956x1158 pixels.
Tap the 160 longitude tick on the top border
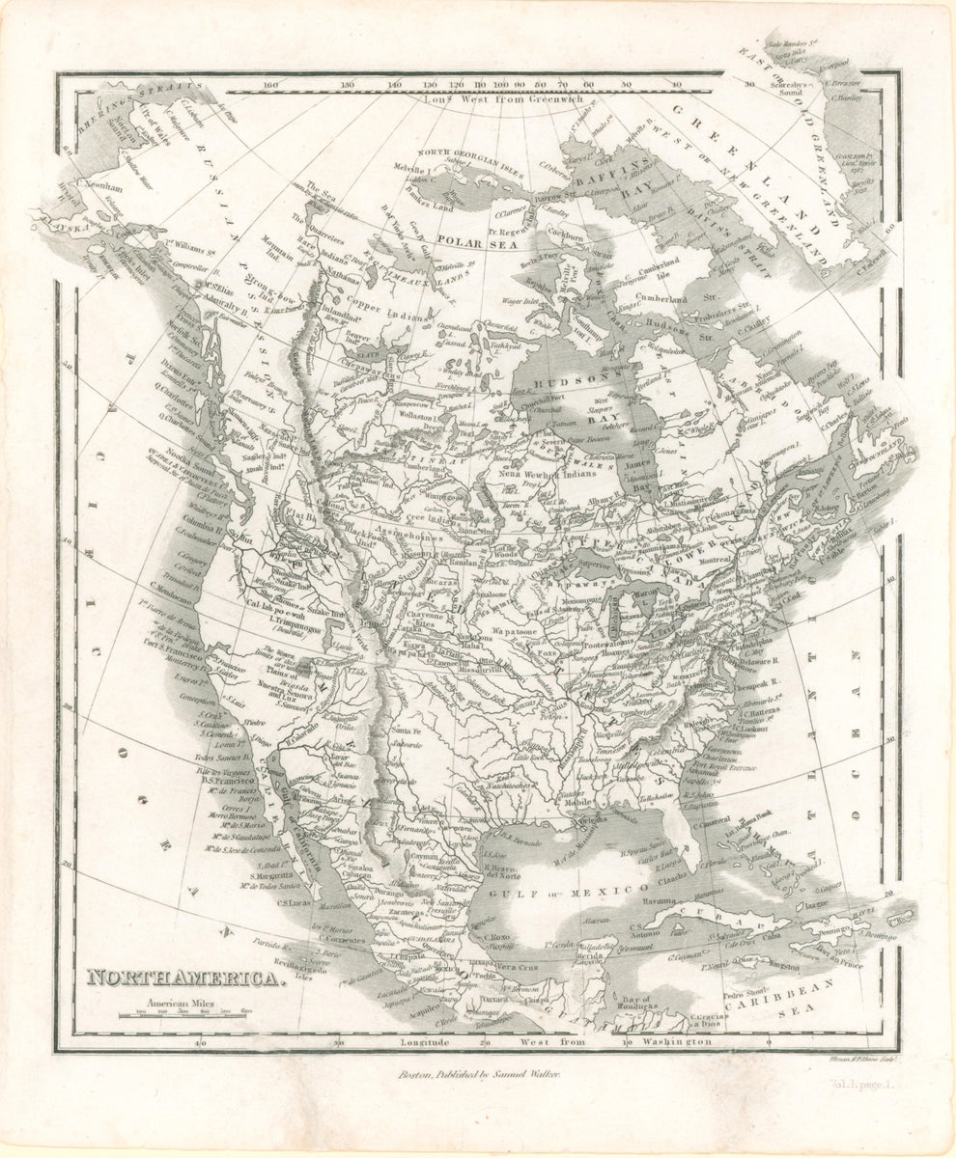pos(271,84)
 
